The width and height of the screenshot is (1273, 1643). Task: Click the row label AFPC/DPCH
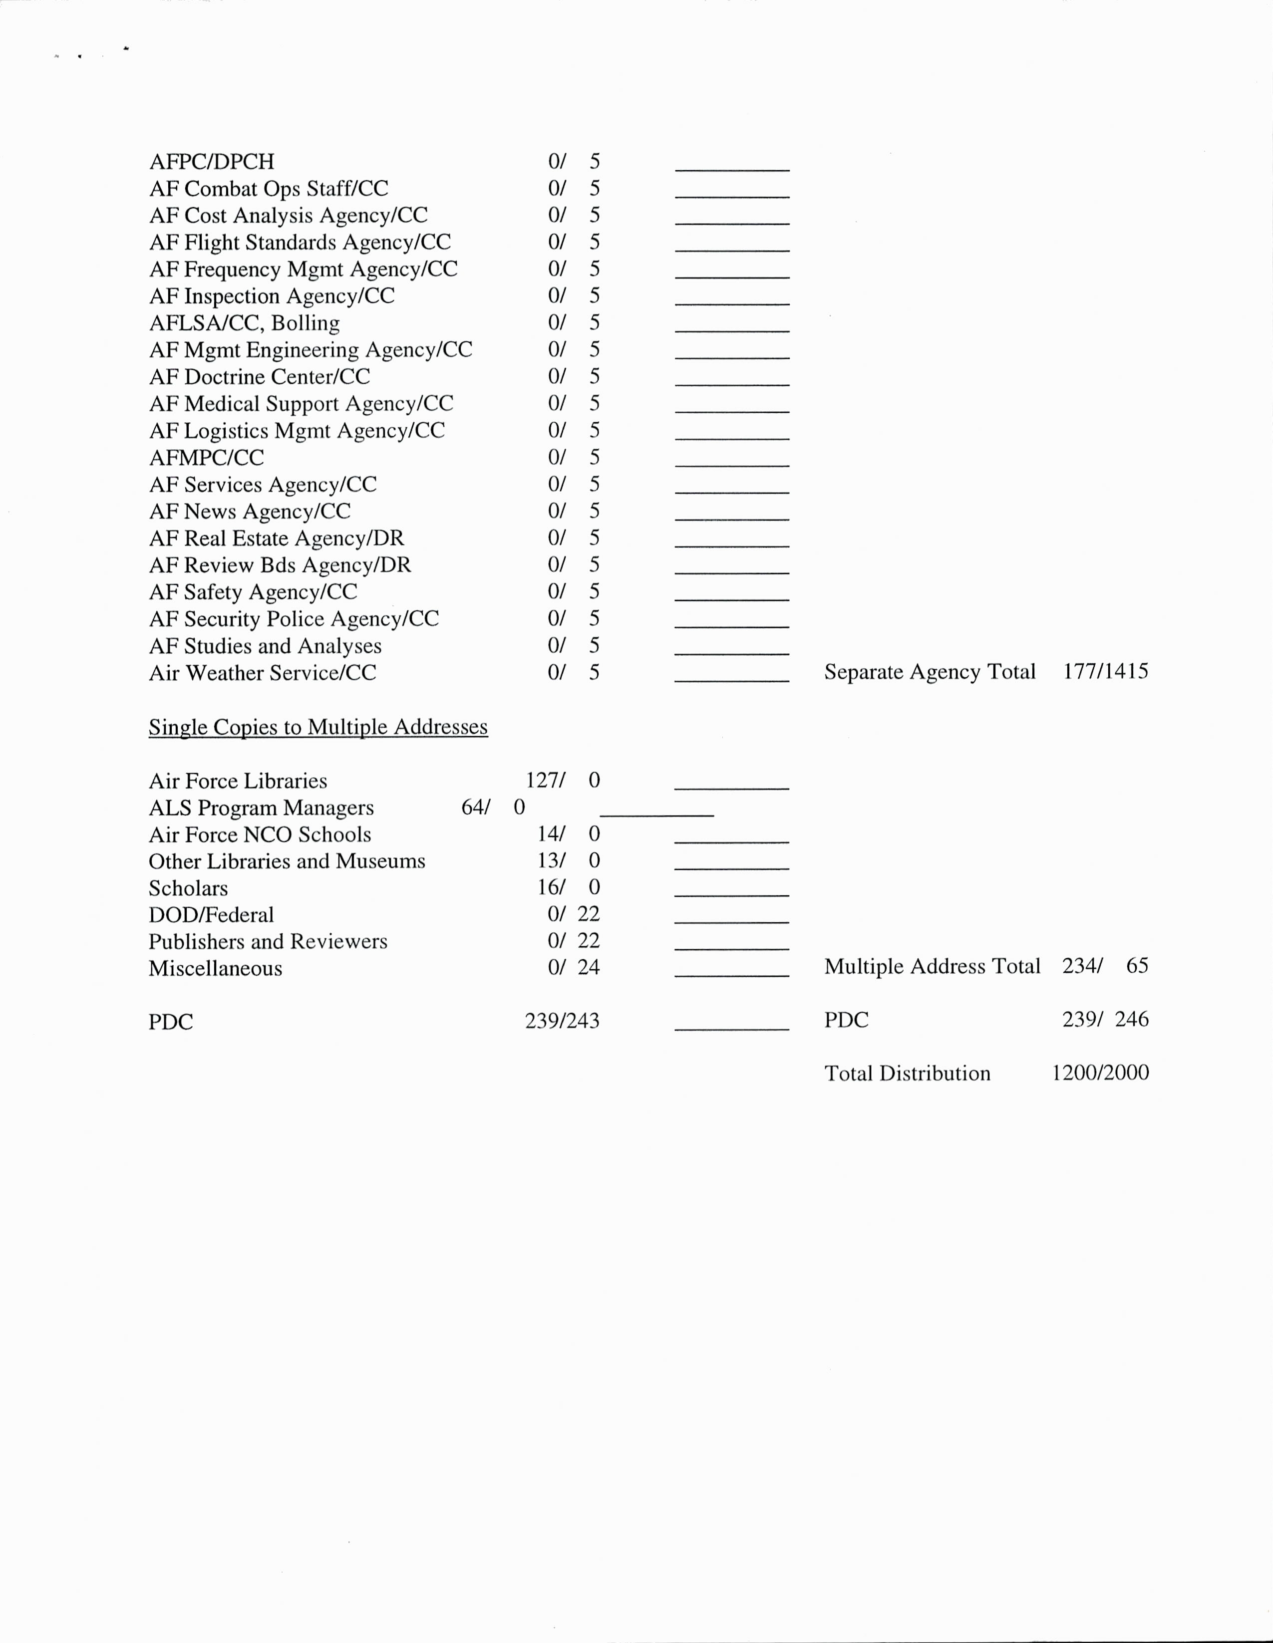tap(211, 162)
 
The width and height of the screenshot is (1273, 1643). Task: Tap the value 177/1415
tap(1105, 671)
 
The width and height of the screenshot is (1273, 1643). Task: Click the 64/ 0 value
tap(493, 807)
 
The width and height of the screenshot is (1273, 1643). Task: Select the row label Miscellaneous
tap(215, 968)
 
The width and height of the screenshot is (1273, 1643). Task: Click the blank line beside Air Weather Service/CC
tap(731, 679)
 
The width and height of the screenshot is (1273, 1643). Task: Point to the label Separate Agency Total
tap(929, 671)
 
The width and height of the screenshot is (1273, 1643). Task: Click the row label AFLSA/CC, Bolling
tap(245, 323)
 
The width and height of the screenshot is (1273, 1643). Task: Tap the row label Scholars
tap(188, 888)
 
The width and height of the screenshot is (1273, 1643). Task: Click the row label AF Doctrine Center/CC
tap(260, 376)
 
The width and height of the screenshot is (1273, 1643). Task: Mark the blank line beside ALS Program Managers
tap(656, 815)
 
